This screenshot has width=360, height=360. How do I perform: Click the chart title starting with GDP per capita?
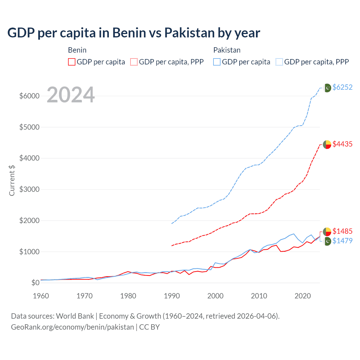[134, 33]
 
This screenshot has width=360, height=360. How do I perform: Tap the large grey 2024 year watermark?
[71, 95]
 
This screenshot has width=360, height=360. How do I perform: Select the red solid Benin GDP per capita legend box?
[72, 62]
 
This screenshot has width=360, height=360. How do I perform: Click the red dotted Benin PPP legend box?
[134, 62]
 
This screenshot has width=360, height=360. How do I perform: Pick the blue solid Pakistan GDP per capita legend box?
[217, 62]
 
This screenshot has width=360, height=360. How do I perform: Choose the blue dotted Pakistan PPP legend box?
[279, 62]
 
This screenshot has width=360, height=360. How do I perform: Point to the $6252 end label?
[342, 87]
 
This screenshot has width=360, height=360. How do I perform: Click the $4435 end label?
[342, 144]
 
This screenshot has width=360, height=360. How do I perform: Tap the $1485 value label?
[342, 231]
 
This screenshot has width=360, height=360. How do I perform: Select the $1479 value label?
[342, 241]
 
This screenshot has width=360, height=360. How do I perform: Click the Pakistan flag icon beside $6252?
[327, 88]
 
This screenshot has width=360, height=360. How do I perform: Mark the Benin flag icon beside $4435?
[327, 144]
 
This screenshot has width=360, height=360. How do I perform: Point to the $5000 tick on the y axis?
[29, 127]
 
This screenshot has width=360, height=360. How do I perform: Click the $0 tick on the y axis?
[35, 283]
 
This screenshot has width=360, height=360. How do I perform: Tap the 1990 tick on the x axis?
[172, 296]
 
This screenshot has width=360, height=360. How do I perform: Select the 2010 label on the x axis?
[259, 296]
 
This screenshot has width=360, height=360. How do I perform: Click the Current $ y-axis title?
[12, 181]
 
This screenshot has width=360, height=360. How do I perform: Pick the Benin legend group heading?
[77, 50]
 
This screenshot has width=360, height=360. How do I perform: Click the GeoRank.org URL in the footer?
[73, 327]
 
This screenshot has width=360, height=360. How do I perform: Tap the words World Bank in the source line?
[75, 316]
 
